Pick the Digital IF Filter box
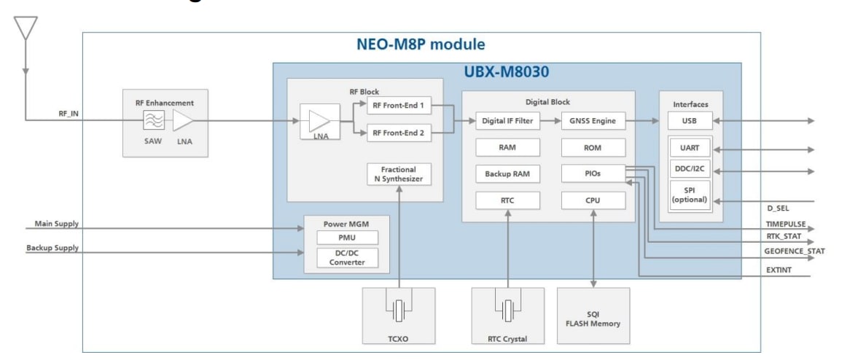pos(508,121)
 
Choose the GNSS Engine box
pos(593,121)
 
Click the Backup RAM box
pos(508,174)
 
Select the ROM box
pos(593,148)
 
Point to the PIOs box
pos(593,174)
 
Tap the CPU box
pos(593,200)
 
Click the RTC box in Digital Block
pos(508,200)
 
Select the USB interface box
pos(690,120)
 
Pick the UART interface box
pos(690,149)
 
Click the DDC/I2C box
pos(690,172)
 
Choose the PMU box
pos(347,238)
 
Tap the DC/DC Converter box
pos(347,257)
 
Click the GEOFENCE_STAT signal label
pos(792,251)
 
